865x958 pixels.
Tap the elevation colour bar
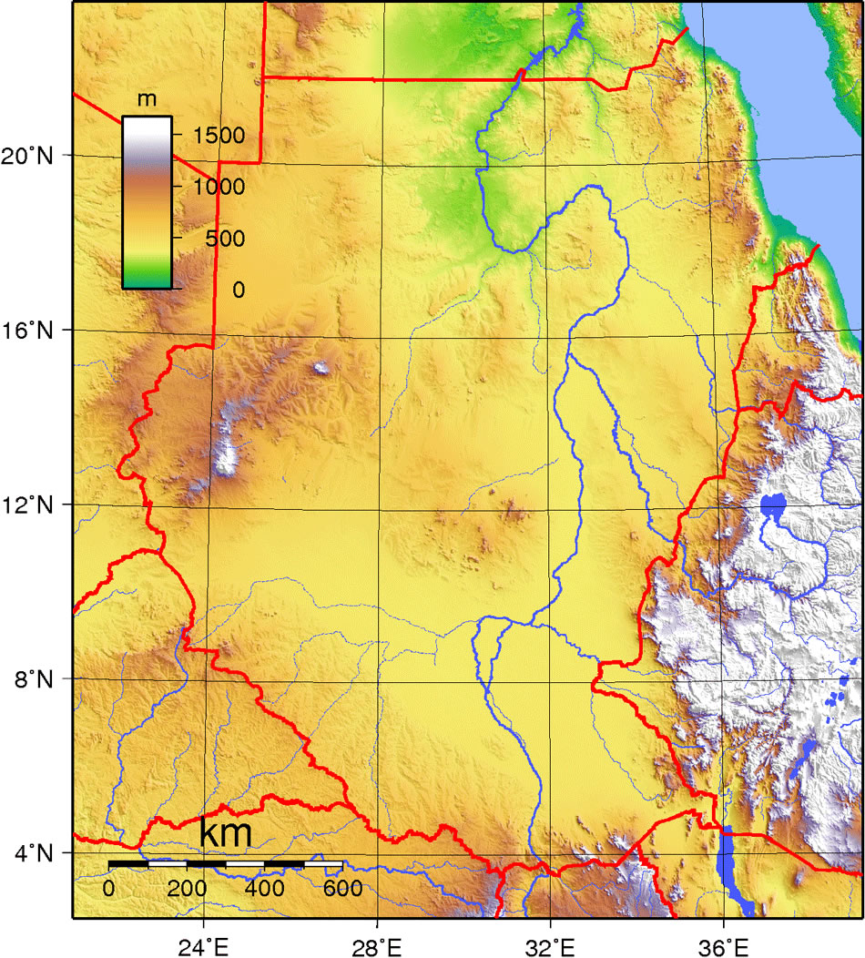pos(147,202)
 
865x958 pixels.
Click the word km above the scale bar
pos(225,832)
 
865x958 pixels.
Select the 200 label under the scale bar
pos(188,889)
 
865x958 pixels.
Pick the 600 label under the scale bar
pos(342,889)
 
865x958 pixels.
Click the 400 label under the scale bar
pos(265,889)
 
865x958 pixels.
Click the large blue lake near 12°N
pos(773,504)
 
